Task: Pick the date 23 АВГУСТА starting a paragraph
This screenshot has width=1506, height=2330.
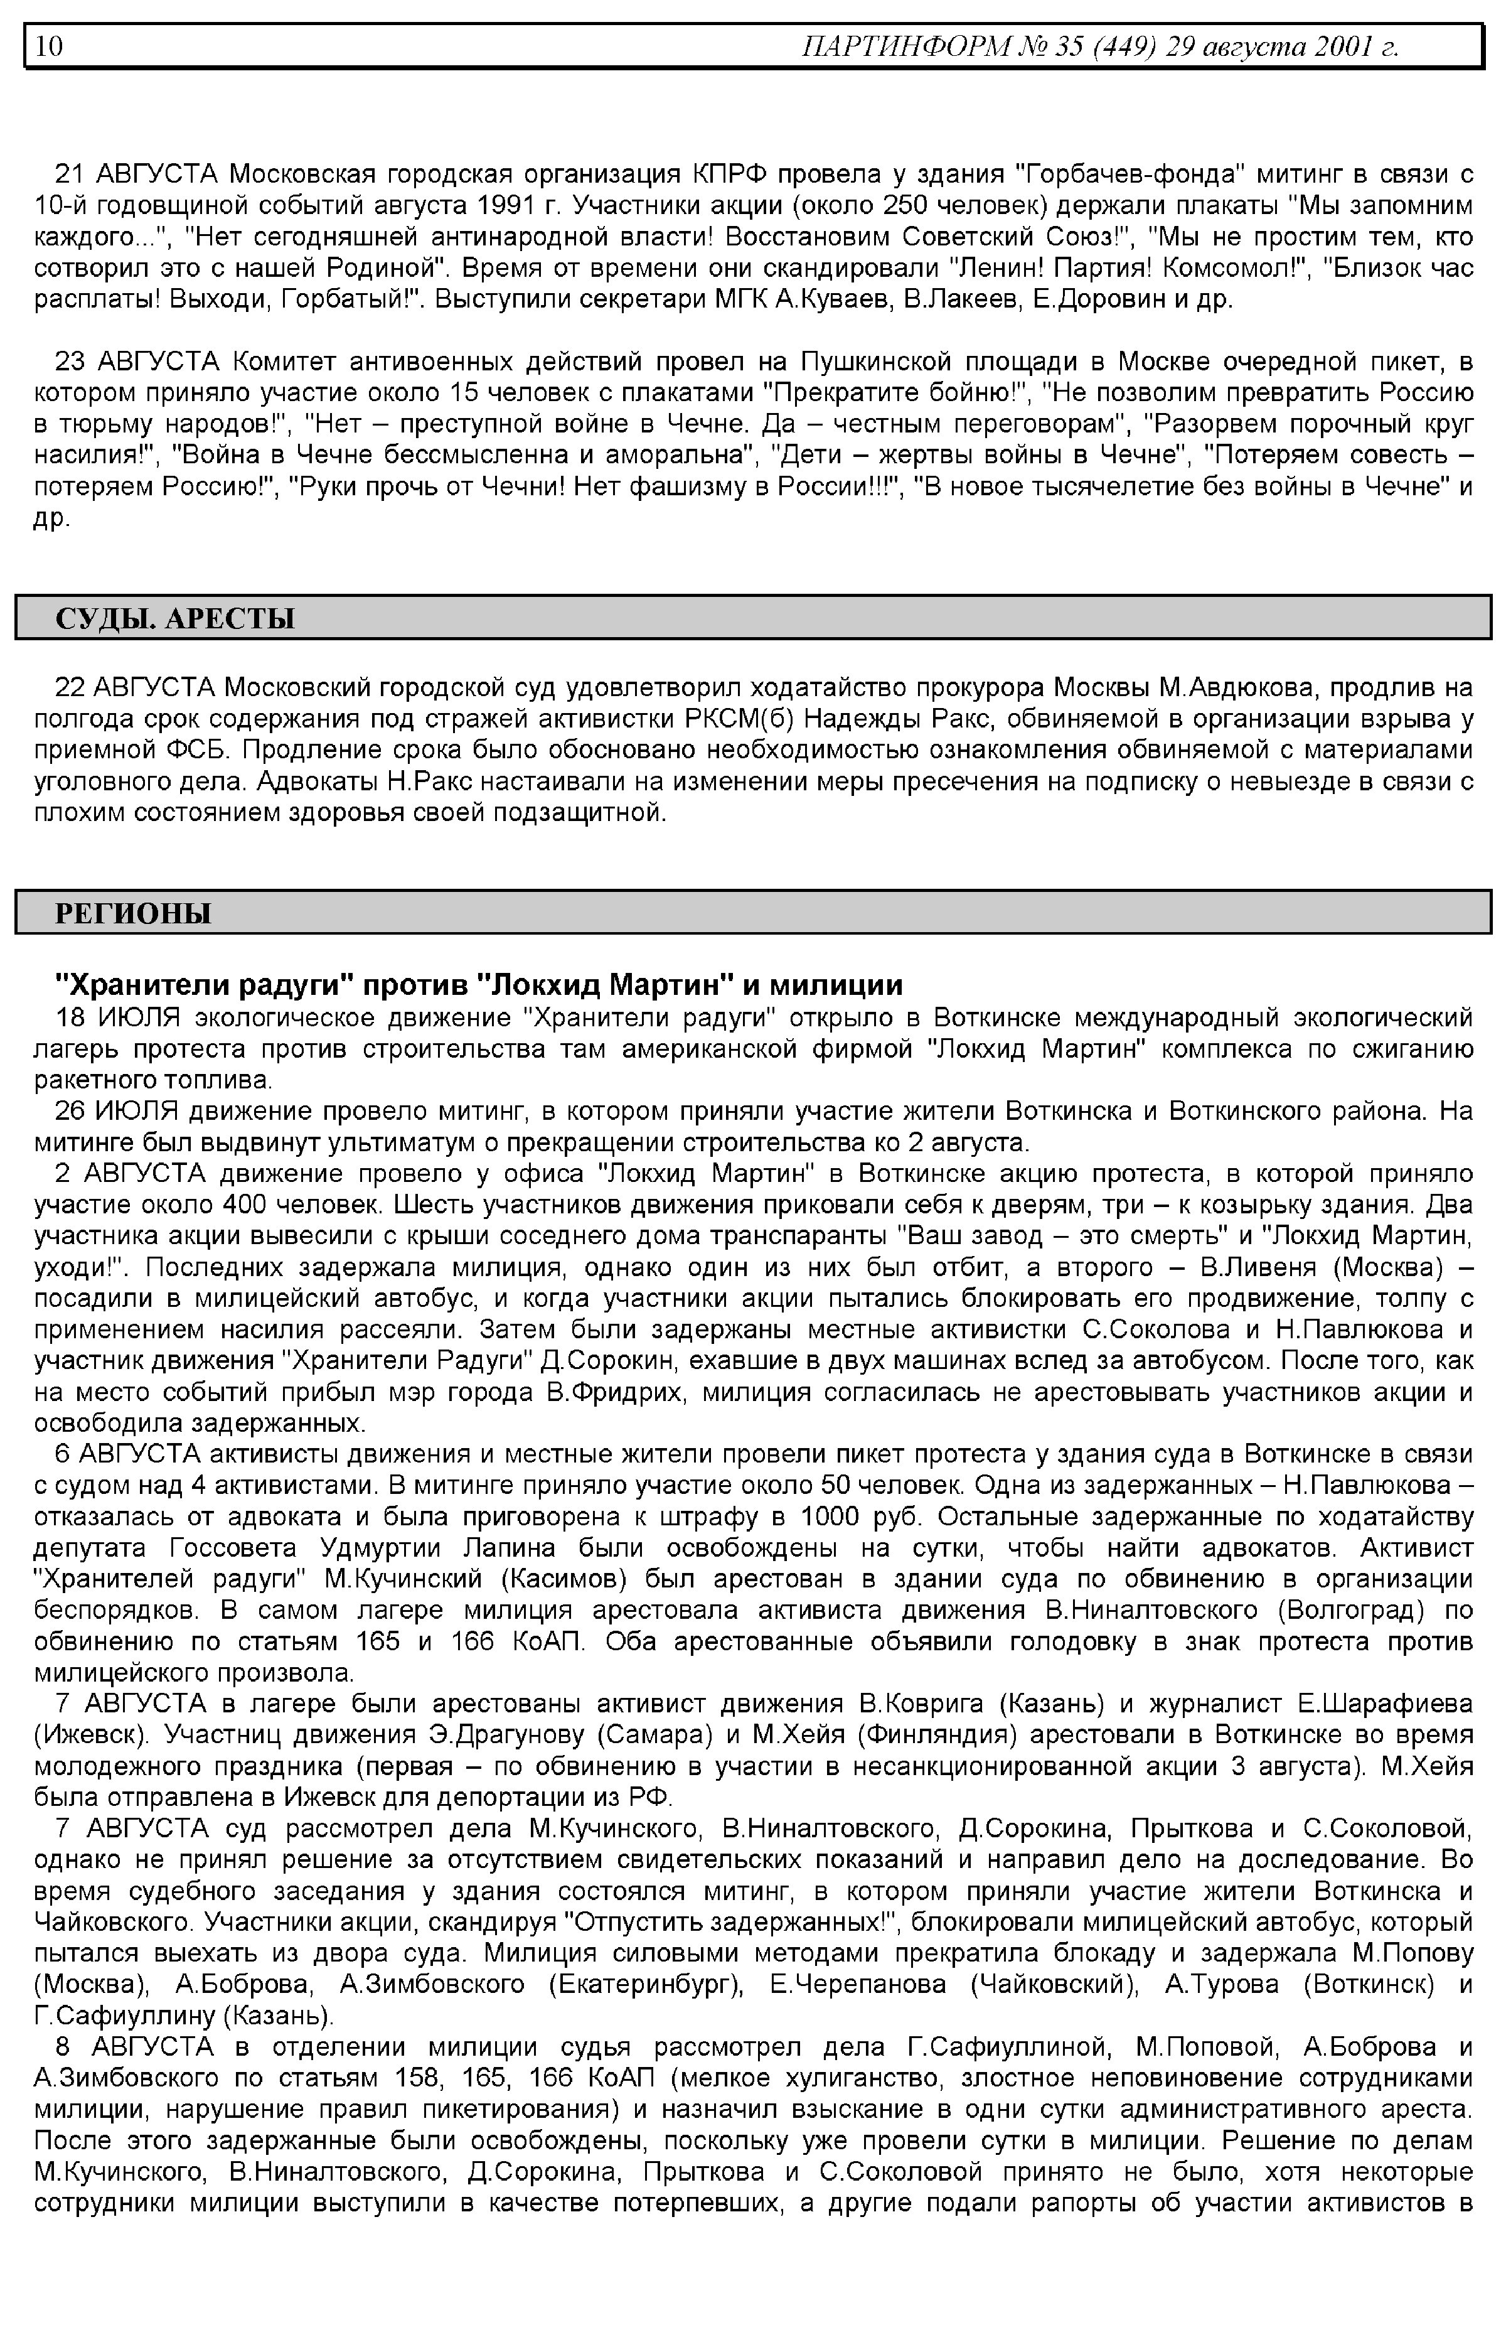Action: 137,362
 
